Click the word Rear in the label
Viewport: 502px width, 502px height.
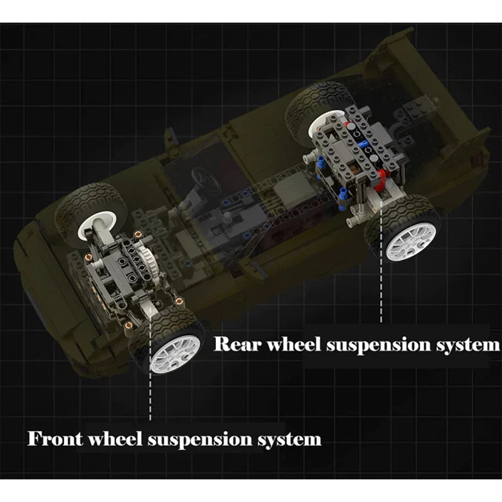pyautogui.click(x=236, y=344)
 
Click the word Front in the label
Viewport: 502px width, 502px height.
pyautogui.click(x=55, y=438)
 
